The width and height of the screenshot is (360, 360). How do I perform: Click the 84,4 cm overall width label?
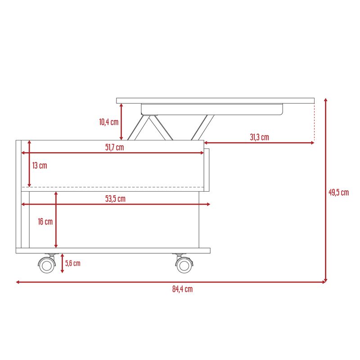(x=183, y=289)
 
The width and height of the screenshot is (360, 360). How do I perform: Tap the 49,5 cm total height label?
(x=339, y=193)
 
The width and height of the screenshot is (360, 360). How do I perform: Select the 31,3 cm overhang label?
(x=260, y=137)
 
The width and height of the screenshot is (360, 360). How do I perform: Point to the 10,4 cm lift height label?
(x=109, y=122)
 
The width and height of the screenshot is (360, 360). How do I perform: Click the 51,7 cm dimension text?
(x=115, y=148)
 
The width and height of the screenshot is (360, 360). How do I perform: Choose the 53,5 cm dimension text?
(x=116, y=199)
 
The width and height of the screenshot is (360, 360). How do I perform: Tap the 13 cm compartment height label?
(x=40, y=166)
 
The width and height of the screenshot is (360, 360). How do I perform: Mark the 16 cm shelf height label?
(x=45, y=221)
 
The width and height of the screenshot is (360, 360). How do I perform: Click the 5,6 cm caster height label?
(x=73, y=263)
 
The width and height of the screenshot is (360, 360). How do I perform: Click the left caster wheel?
(x=47, y=265)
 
